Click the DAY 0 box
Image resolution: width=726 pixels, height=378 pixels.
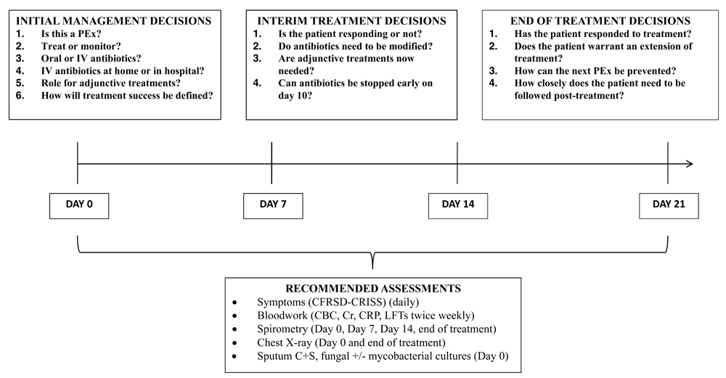coord(79,206)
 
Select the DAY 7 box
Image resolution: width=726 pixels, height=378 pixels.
coord(273,206)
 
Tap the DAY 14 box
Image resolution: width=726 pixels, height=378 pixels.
coord(458,206)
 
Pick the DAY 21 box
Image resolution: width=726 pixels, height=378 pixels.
coord(669,206)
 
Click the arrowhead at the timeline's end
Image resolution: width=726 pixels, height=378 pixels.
coord(690,163)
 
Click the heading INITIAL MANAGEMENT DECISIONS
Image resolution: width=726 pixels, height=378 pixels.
coord(113,21)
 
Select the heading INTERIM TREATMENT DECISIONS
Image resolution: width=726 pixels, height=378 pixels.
coord(351,21)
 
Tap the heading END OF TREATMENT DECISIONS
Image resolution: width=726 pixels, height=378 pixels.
coord(600,21)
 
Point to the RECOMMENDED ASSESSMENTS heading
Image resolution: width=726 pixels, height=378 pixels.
coord(373,289)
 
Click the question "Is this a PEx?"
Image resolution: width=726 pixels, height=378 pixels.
coord(71,34)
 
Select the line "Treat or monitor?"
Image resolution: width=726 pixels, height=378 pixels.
coord(81,46)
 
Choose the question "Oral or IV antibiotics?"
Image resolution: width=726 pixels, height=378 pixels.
coord(91,58)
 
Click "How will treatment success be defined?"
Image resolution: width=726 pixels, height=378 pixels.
coord(127,95)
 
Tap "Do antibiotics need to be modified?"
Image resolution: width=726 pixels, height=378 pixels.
coord(356,46)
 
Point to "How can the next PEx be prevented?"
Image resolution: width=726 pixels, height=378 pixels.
coord(595,71)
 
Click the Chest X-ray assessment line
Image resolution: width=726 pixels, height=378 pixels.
coord(351,343)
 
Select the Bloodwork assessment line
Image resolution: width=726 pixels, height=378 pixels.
coord(366,316)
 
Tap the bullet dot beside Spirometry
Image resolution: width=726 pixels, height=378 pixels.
coord(235,329)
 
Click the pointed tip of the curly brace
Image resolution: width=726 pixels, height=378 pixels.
coord(372,268)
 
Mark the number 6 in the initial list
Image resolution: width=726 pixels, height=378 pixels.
coord(20,95)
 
